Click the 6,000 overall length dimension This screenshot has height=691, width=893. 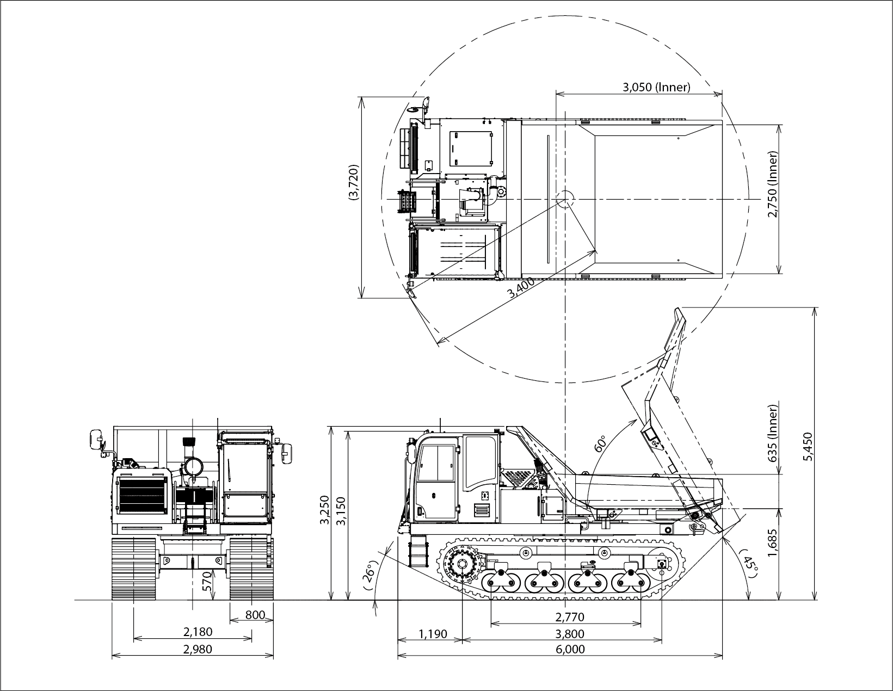pyautogui.click(x=570, y=649)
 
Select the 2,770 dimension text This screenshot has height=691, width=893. pyautogui.click(x=570, y=617)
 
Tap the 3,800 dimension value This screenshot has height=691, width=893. pyautogui.click(x=570, y=634)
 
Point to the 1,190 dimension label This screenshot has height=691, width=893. pyautogui.click(x=433, y=634)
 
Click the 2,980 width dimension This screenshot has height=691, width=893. pyautogui.click(x=198, y=649)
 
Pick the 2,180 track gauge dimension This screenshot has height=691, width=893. pyautogui.click(x=198, y=632)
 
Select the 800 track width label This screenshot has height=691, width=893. pyautogui.click(x=255, y=615)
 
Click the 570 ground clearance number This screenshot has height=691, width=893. pyautogui.click(x=208, y=581)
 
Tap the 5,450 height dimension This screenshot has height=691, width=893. pyautogui.click(x=808, y=447)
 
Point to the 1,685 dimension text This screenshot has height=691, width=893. pyautogui.click(x=772, y=543)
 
